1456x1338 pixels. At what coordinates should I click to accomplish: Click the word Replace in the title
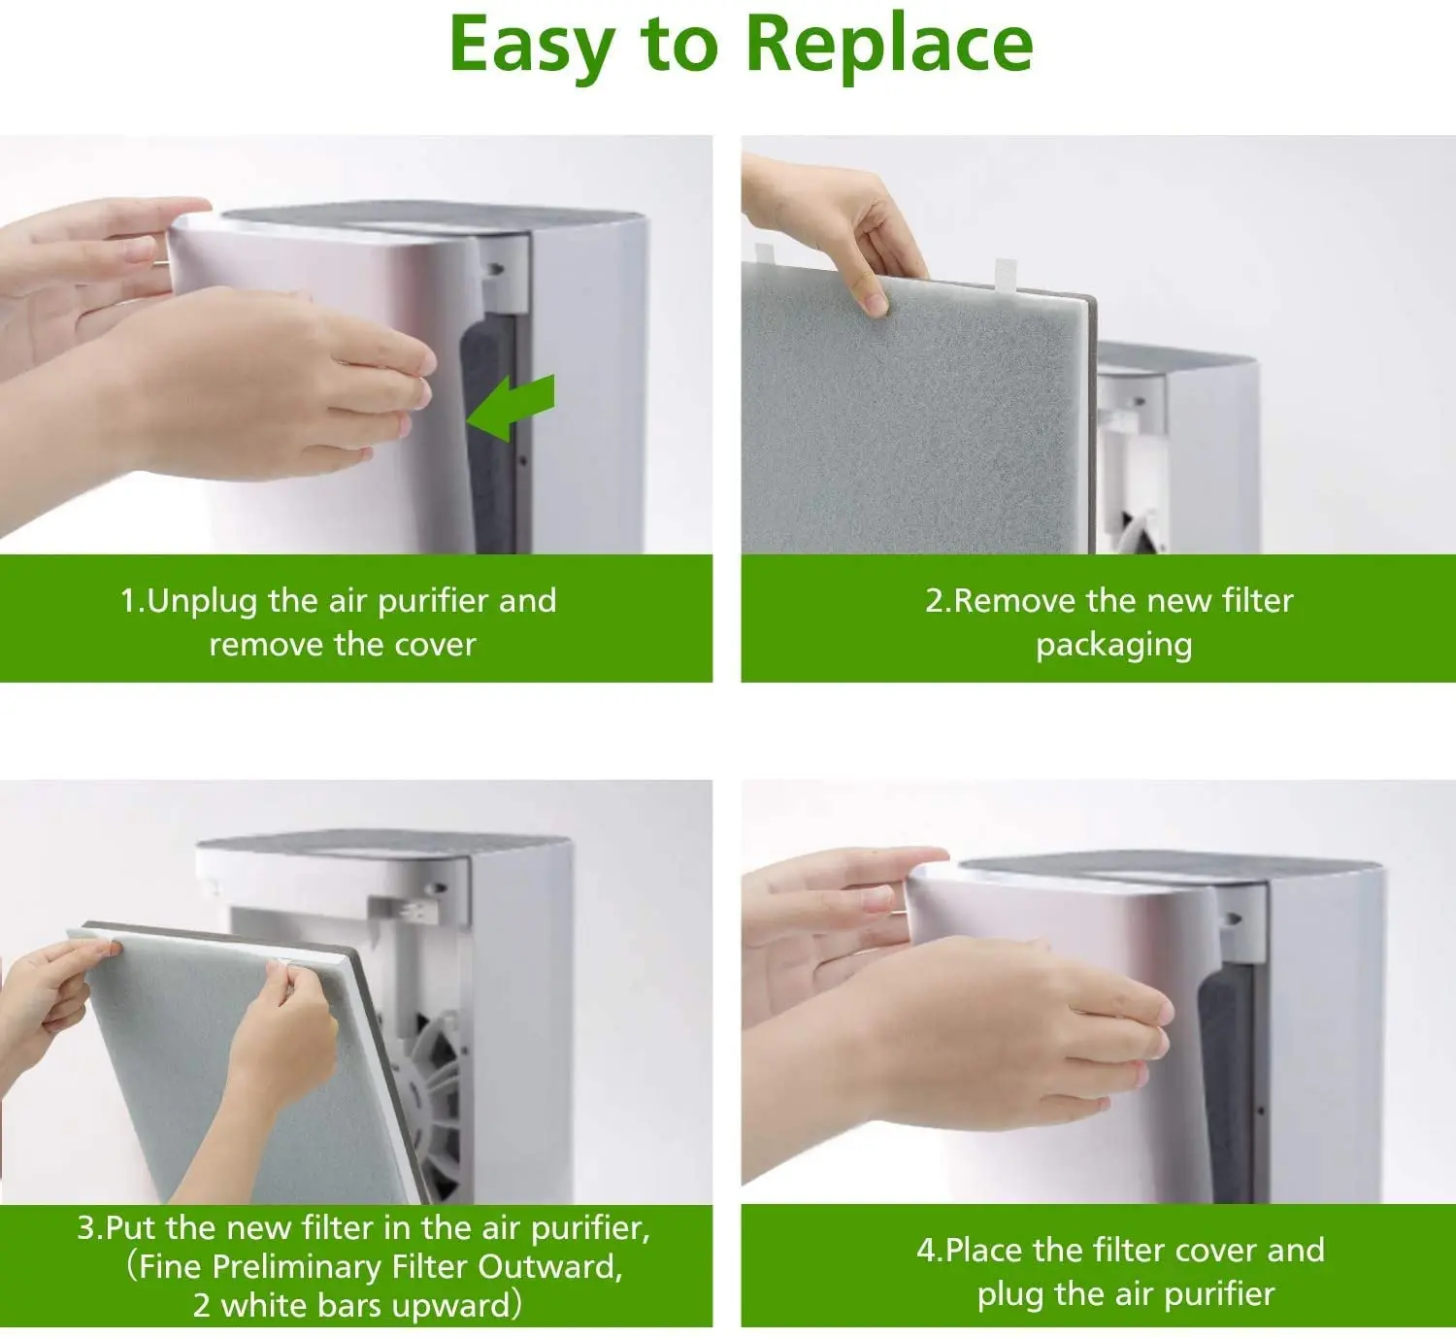point(888,46)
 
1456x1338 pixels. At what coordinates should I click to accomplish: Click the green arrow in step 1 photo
point(511,407)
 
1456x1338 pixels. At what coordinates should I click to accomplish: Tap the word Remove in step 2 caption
point(1014,601)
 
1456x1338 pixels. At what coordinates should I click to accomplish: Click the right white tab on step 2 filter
point(1006,274)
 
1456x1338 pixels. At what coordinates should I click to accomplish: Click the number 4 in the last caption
point(926,1251)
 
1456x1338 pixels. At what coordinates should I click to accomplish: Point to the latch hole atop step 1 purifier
point(496,270)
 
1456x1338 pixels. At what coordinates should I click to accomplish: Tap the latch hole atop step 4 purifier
point(1233,919)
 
